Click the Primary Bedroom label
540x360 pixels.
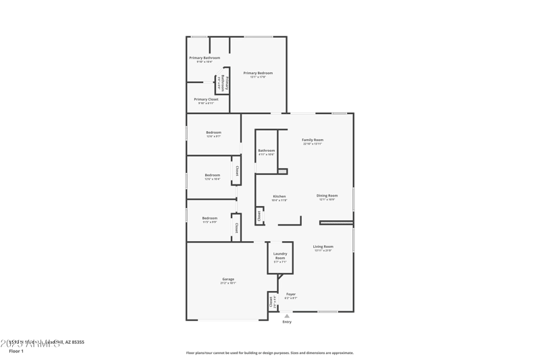(258, 73)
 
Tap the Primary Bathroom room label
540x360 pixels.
(205, 58)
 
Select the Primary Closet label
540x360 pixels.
(206, 99)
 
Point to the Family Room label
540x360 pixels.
(313, 140)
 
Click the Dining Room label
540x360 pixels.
(327, 196)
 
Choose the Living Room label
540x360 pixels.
(323, 247)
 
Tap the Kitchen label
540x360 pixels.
(279, 197)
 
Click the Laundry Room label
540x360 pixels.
(280, 256)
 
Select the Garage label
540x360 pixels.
(228, 279)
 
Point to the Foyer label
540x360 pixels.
(291, 294)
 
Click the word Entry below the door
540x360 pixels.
(287, 322)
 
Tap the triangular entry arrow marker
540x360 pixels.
(287, 315)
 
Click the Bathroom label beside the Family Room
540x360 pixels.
(267, 151)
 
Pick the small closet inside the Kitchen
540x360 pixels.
(259, 215)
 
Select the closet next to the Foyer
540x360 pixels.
(272, 301)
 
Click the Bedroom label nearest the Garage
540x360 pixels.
(210, 218)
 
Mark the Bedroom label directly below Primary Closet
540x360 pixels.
(213, 132)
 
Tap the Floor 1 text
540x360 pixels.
(16, 351)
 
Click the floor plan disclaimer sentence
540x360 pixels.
(269, 353)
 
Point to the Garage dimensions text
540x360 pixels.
(228, 283)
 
